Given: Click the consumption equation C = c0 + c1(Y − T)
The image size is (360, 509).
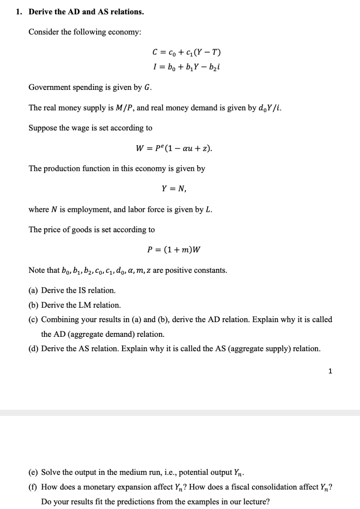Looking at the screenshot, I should (187, 52).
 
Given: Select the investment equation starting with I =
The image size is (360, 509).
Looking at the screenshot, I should (187, 66).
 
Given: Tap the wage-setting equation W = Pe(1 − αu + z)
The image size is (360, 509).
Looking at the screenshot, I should (174, 148).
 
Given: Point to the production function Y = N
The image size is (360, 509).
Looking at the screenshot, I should (174, 189).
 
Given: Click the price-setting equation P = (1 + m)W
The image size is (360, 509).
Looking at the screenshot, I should (174, 250).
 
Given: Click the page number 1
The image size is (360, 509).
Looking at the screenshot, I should (330, 371).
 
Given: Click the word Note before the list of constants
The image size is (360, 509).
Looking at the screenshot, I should (37, 271).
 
